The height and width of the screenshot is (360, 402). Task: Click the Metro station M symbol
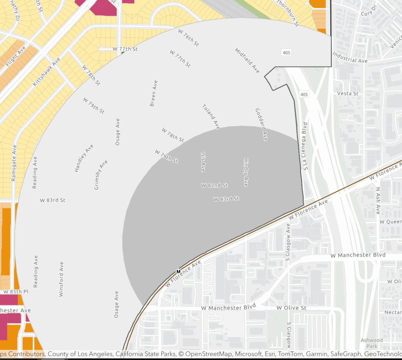[x=178, y=271]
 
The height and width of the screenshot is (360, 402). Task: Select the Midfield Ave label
[x=247, y=61]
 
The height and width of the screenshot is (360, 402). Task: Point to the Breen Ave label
[x=153, y=94]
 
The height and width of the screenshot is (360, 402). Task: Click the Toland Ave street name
[x=211, y=117]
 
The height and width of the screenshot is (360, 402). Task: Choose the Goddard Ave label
[x=261, y=125]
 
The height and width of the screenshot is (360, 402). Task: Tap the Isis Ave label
[x=203, y=162]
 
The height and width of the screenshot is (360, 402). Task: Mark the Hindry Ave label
[x=246, y=172]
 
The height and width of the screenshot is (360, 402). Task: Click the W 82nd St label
[x=214, y=185]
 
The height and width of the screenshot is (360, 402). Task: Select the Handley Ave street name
[x=84, y=158]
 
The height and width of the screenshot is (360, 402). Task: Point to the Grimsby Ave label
[x=101, y=175]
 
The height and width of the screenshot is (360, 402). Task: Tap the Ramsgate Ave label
[x=15, y=163]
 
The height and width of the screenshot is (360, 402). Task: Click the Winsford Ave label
[x=61, y=279]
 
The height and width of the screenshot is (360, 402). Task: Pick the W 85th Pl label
[x=16, y=292]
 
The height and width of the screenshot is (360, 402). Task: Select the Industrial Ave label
[x=350, y=58]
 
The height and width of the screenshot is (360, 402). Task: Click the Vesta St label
[x=348, y=94]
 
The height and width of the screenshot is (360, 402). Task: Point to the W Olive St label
[x=291, y=308]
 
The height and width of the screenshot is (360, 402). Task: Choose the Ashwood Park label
[x=372, y=343]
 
